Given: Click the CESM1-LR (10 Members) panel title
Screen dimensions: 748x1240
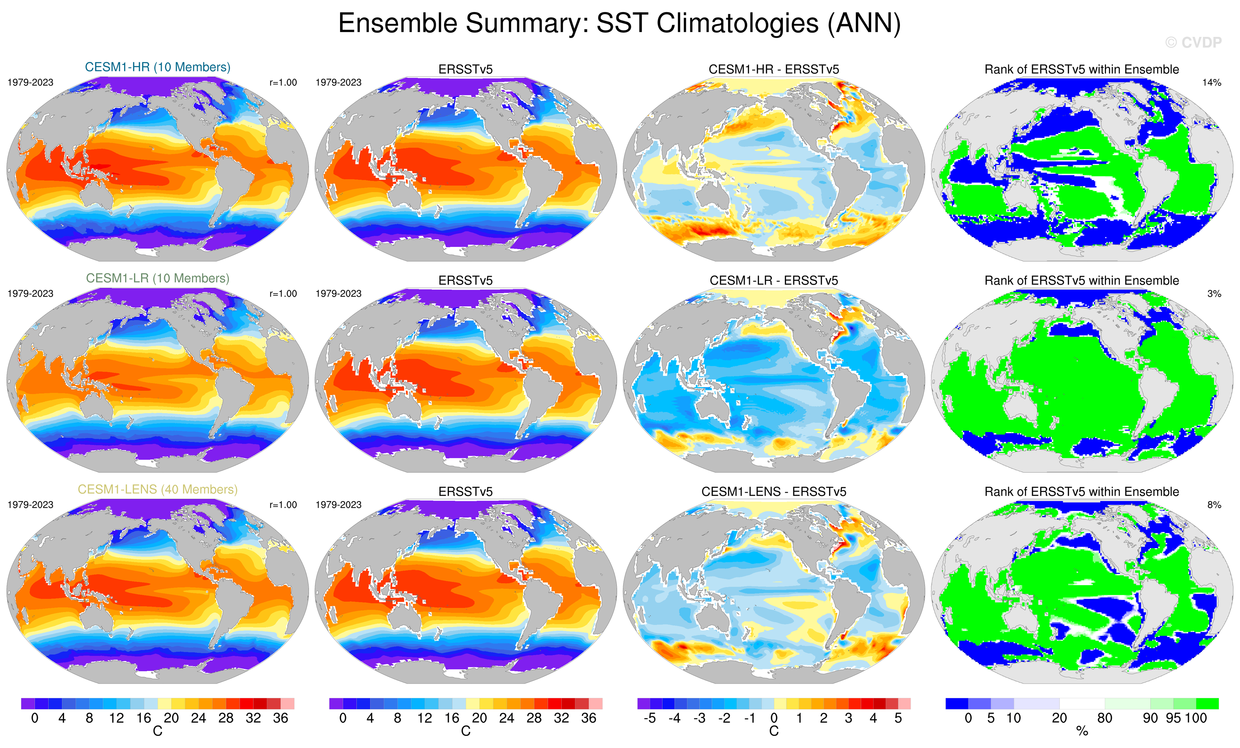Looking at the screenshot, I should [x=157, y=278].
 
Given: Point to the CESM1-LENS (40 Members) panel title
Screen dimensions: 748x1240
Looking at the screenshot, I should [x=157, y=489].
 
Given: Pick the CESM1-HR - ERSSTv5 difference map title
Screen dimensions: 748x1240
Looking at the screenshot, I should [x=774, y=69].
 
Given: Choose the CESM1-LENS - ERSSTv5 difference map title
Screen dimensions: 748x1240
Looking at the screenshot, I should [x=774, y=492].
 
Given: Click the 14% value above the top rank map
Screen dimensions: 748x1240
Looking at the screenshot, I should [x=1211, y=83].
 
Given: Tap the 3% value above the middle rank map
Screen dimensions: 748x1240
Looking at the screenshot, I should [x=1214, y=293].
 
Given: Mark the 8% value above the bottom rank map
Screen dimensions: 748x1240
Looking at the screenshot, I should [x=1214, y=505].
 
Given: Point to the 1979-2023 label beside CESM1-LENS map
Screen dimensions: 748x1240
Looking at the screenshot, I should [x=30, y=505].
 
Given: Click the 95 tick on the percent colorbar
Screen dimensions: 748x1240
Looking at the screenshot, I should [x=1173, y=718].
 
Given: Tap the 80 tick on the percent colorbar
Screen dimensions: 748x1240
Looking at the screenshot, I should [x=1104, y=718].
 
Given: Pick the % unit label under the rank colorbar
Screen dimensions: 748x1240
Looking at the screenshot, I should [x=1082, y=732].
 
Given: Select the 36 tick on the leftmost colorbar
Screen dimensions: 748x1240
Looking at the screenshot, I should [x=280, y=718].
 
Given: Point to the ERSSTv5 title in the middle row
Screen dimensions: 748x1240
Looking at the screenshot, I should [x=466, y=280].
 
